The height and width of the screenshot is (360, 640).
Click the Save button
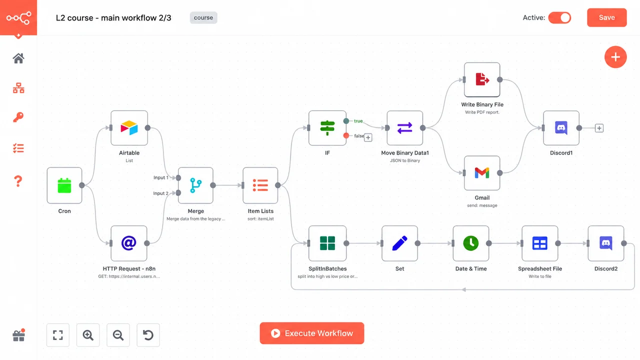point(607,17)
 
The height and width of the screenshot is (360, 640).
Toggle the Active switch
point(559,17)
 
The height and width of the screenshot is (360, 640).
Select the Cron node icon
point(64,185)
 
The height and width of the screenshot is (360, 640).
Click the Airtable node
point(129,128)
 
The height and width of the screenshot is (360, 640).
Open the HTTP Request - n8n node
point(129,243)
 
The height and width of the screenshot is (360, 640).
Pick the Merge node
point(195,185)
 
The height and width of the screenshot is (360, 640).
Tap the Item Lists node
point(260,185)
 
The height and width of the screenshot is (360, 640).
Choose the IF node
point(327,128)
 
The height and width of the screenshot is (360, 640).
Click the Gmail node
point(482,173)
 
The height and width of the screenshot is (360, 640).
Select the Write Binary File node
point(482,79)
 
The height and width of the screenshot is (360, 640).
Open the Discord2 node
point(606,243)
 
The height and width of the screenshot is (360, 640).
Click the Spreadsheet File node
point(539,243)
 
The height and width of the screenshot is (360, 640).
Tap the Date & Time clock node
point(471,243)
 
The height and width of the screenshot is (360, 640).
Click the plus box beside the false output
point(368,137)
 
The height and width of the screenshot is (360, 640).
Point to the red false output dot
point(346,135)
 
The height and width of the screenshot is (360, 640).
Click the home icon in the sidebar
point(18,58)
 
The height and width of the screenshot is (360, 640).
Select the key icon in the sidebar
point(18,117)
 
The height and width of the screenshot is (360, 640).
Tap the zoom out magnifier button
point(118,335)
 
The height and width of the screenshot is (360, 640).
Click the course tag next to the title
point(203,17)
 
